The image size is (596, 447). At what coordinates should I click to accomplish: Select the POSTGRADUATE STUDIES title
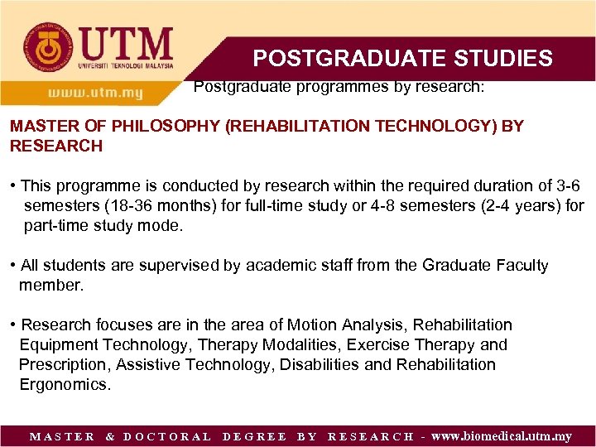402,58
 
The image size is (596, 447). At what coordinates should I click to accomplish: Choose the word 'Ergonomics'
65,384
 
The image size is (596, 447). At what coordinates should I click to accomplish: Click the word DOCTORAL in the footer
167,436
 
